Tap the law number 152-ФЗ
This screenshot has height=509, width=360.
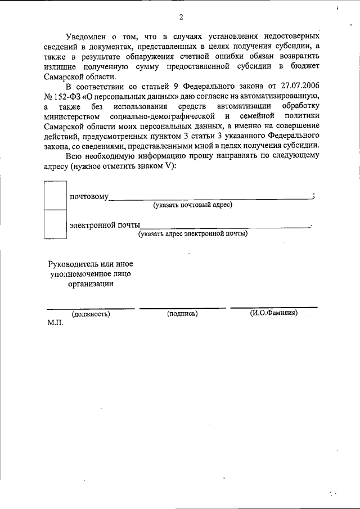(69, 96)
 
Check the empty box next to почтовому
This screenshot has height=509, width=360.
(55, 195)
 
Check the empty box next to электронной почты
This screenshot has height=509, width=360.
(55, 224)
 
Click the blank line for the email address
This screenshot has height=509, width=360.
(225, 226)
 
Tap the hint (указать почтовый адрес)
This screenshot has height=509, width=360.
(193, 205)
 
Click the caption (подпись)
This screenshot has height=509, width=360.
(182, 314)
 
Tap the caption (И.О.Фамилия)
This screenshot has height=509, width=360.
(274, 313)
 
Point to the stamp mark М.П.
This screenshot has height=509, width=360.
(55, 323)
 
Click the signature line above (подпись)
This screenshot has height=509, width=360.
(182, 308)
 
